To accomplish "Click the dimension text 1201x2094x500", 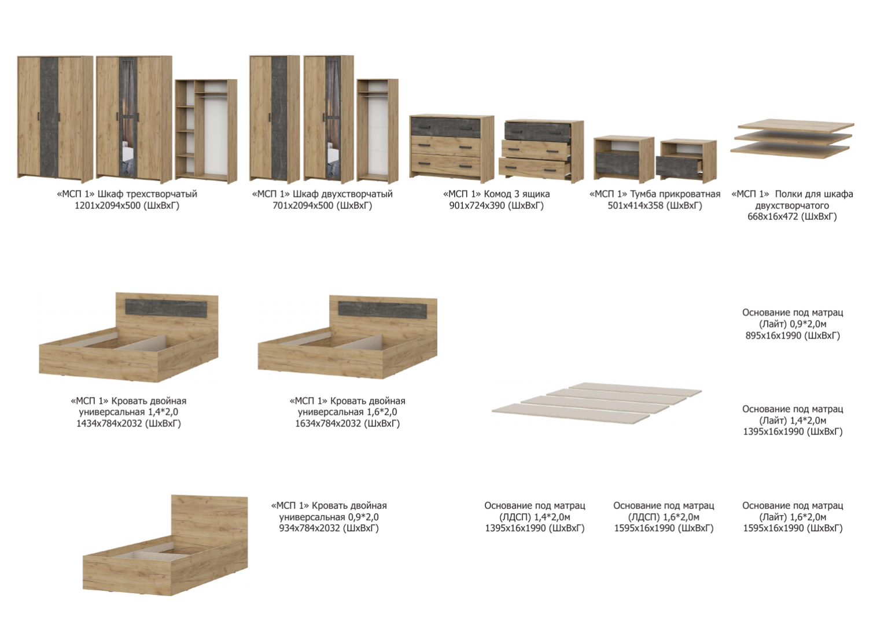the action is (107, 205).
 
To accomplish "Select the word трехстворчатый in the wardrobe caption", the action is (162, 194).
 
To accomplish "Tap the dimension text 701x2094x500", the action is (303, 205).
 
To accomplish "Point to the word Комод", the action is (498, 194).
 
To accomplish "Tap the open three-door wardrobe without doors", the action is (206, 131).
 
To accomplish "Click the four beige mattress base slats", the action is (596, 403).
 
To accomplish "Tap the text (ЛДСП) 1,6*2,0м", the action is (664, 517).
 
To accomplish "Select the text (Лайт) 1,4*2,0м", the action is (793, 421).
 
